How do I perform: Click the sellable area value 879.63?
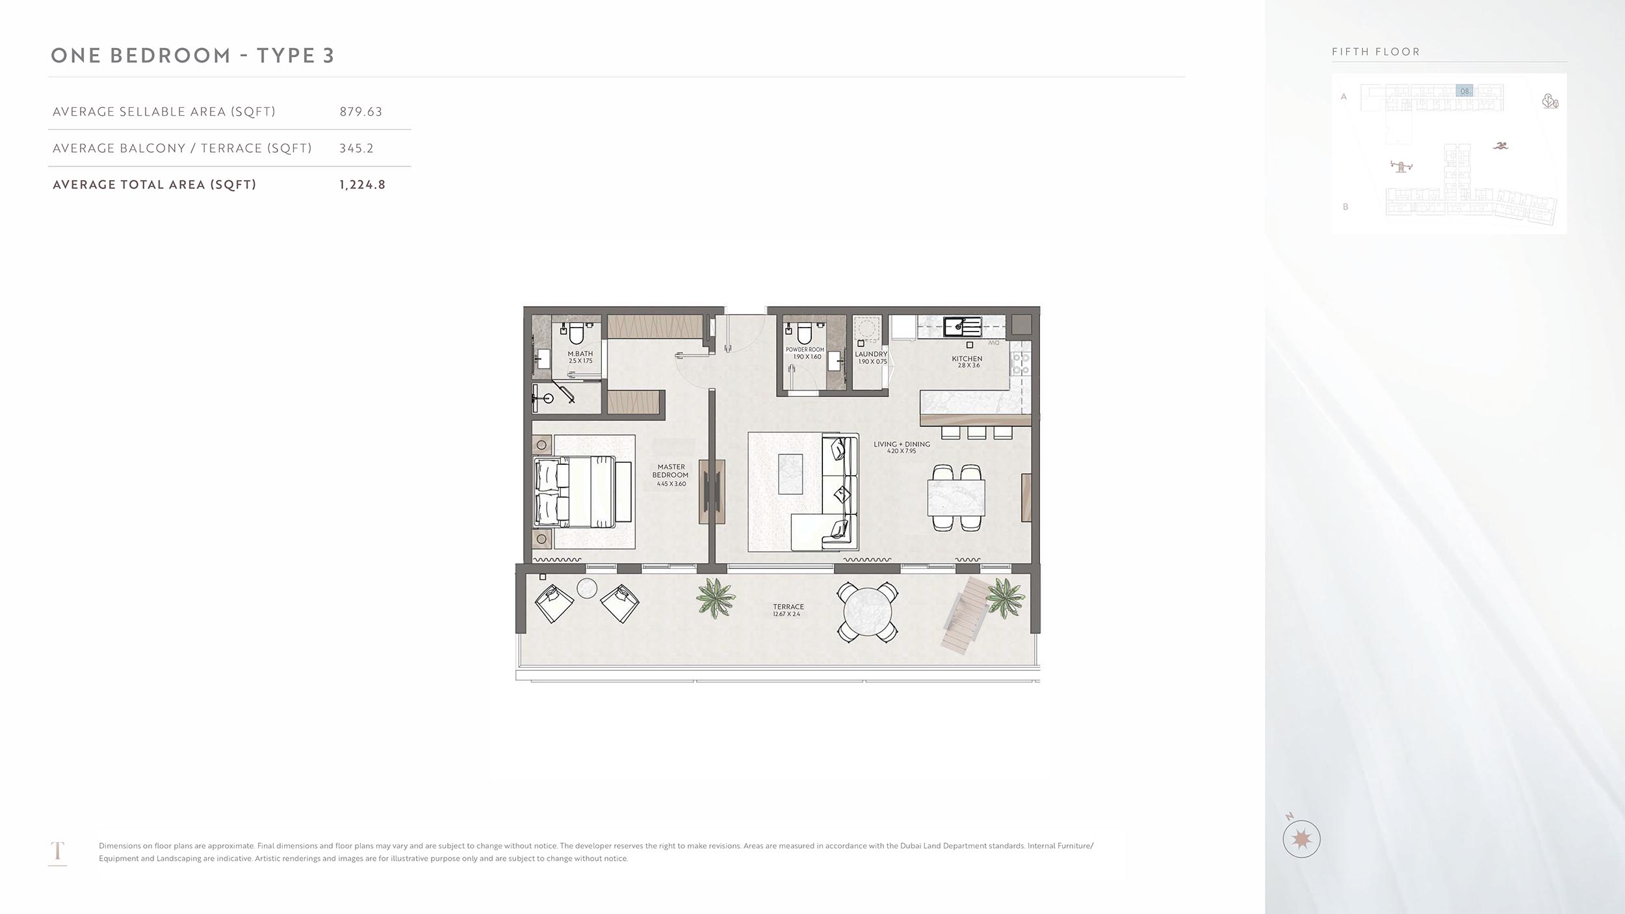pos(361,112)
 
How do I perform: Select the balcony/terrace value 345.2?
pos(356,148)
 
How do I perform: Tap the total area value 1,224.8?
pos(362,185)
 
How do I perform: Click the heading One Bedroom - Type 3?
pos(192,56)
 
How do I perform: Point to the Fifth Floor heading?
pos(1375,52)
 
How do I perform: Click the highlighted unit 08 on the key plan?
pos(1464,91)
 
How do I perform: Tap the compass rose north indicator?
pos(1301,839)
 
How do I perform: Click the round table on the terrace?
pos(867,612)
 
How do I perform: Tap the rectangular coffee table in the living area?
pos(790,474)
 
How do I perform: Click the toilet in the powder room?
pos(805,333)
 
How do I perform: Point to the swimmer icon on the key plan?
pos(1500,146)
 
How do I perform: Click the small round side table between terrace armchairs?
pos(587,588)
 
